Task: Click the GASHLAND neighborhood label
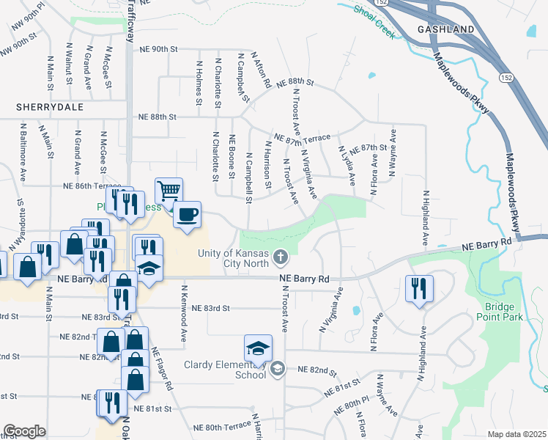click(445, 29)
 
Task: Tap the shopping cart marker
click(169, 191)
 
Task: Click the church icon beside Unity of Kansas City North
click(279, 257)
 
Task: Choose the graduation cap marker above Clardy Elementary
click(258, 348)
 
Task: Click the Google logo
click(24, 431)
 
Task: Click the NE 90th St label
click(159, 50)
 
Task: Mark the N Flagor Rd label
click(161, 370)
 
